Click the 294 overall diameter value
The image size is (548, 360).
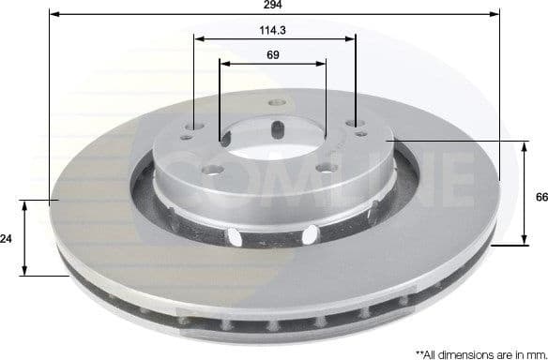pyautogui.click(x=273, y=6)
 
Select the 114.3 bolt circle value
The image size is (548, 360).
pyautogui.click(x=273, y=30)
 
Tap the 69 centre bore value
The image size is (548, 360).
pyautogui.click(x=273, y=55)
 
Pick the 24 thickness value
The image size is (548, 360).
pyautogui.click(x=7, y=240)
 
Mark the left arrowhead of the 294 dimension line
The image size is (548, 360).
pyautogui.click(x=52, y=14)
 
